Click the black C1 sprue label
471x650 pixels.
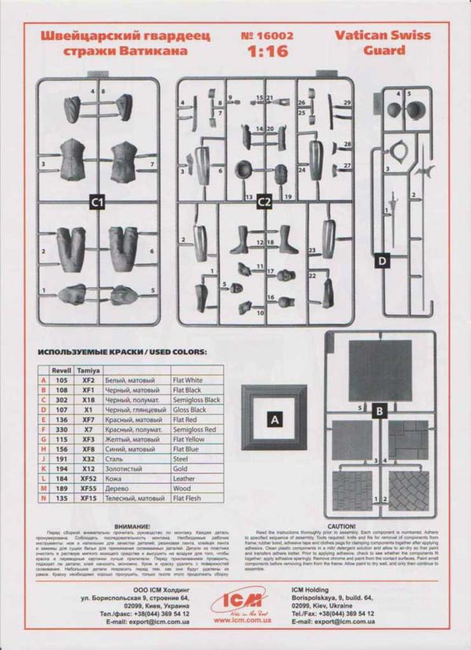pos(97,202)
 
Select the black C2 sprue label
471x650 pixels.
pos(264,202)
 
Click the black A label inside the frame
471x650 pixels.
pos(275,420)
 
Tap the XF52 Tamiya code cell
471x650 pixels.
pos(88,478)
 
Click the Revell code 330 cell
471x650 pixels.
pos(61,429)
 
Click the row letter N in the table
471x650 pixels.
pos(43,497)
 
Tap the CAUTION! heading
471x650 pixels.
pos(342,526)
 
